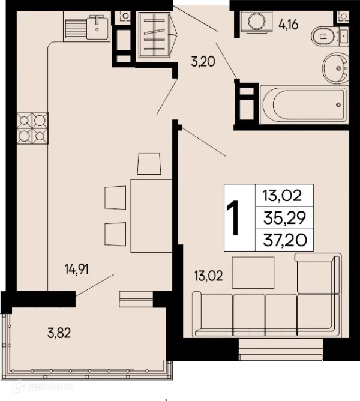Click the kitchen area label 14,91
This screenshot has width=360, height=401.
[x=77, y=270]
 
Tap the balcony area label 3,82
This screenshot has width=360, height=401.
[x=59, y=333]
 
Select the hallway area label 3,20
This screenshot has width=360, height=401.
[x=203, y=62]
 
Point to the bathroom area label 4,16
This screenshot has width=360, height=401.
[x=289, y=25]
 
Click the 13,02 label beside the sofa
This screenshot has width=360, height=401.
[x=208, y=276]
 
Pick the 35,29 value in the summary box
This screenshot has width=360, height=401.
[x=284, y=218]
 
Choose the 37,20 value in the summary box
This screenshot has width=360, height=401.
[x=285, y=240]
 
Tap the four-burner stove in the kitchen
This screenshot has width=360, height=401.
[x=32, y=128]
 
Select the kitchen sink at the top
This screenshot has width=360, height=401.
[x=86, y=27]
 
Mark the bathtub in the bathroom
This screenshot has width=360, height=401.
[x=304, y=104]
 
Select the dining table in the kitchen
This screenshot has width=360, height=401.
[x=151, y=216]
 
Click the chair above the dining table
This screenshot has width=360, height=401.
[x=149, y=164]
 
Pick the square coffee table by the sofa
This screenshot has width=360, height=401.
[x=253, y=273]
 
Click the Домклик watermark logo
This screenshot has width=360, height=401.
[x=43, y=387]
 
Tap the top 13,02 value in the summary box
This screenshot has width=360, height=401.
[x=283, y=196]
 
